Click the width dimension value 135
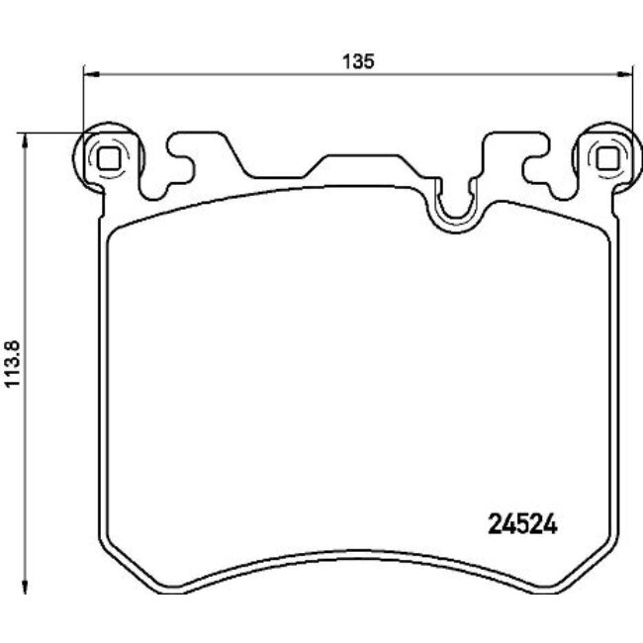tap(357, 60)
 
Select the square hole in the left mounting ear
tap(108, 155)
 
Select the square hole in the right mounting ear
tap(607, 155)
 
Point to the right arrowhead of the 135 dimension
tap(626, 72)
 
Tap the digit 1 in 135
tap(347, 60)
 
